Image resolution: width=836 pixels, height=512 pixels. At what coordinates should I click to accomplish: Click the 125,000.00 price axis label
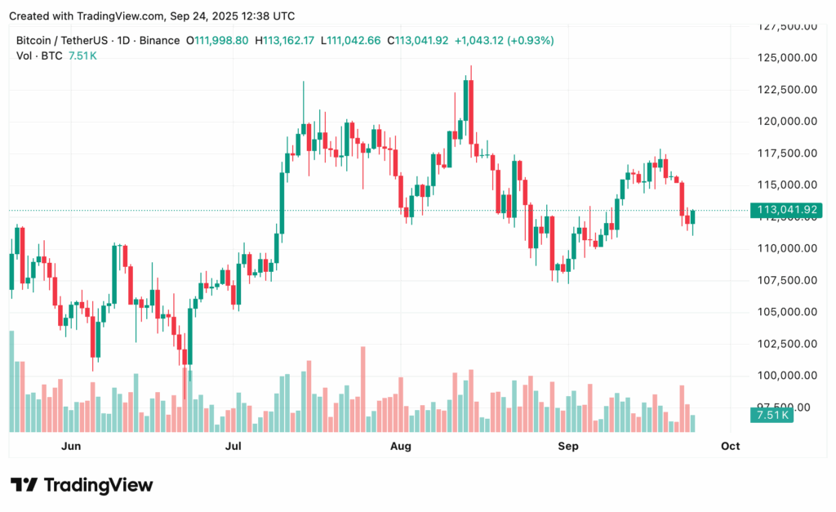click(x=785, y=58)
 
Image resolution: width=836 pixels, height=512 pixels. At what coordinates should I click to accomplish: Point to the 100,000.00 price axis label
click(x=785, y=376)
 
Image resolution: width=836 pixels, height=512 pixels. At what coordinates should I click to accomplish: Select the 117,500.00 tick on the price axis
click(x=785, y=154)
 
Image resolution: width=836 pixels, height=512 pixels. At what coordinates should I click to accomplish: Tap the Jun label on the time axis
click(x=71, y=446)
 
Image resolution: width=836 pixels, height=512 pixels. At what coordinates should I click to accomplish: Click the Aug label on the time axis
click(x=400, y=446)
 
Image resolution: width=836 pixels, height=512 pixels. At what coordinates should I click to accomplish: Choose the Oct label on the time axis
click(x=730, y=446)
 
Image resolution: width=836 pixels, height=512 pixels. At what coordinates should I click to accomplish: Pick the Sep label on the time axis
click(x=567, y=446)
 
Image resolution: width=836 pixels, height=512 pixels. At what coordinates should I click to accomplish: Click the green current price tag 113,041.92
click(x=787, y=211)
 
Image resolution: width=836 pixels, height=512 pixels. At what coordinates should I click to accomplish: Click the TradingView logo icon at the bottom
click(x=24, y=485)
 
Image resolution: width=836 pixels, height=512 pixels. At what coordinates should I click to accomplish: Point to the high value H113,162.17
click(x=286, y=40)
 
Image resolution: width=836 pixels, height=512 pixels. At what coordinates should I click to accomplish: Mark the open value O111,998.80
click(x=217, y=40)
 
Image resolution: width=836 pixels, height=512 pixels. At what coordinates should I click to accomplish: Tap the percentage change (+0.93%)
click(x=530, y=40)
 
